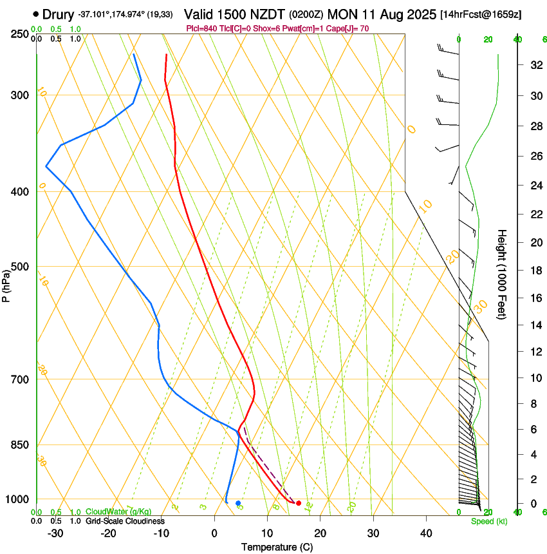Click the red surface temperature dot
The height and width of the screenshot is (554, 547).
[x=299, y=502]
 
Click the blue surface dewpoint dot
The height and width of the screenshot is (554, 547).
[x=238, y=502]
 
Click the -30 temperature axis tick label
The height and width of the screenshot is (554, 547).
[x=55, y=533]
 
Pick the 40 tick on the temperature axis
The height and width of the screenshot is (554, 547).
[x=426, y=533]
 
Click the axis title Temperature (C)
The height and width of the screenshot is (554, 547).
[x=277, y=547]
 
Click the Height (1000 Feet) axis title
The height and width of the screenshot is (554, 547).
[x=503, y=274]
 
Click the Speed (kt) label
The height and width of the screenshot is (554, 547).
[x=488, y=521]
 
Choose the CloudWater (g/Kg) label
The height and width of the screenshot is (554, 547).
[x=118, y=512]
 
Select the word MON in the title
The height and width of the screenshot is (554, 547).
[x=342, y=14]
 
